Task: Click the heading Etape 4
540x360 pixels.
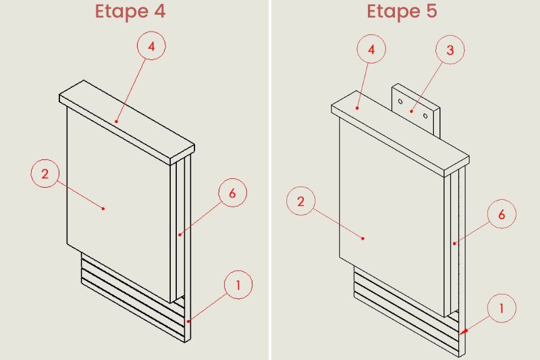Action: (x=130, y=11)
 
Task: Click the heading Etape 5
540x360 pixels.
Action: (x=402, y=11)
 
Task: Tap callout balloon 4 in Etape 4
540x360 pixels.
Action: (x=151, y=46)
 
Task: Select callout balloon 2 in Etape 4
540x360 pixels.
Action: (x=45, y=174)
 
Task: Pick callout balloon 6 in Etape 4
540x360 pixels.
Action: (x=233, y=192)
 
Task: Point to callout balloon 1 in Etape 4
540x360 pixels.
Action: (x=238, y=284)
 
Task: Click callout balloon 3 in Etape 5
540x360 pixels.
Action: (x=450, y=50)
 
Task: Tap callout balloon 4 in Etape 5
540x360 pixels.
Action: (x=371, y=49)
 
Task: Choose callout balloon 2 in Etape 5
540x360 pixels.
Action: (x=300, y=201)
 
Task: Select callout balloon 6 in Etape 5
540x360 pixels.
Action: (x=502, y=214)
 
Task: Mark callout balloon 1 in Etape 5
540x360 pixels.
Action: (x=502, y=308)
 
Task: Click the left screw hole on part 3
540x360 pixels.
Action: (x=400, y=101)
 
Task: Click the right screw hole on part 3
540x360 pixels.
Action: (x=425, y=115)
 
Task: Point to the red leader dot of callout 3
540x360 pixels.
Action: (x=412, y=111)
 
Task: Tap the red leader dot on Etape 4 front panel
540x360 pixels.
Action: (x=103, y=209)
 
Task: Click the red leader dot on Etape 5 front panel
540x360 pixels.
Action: (x=363, y=238)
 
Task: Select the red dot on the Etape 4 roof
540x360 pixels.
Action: (x=116, y=122)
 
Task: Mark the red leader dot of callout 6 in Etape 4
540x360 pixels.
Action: (x=180, y=234)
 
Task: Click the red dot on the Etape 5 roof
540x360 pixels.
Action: (x=358, y=108)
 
